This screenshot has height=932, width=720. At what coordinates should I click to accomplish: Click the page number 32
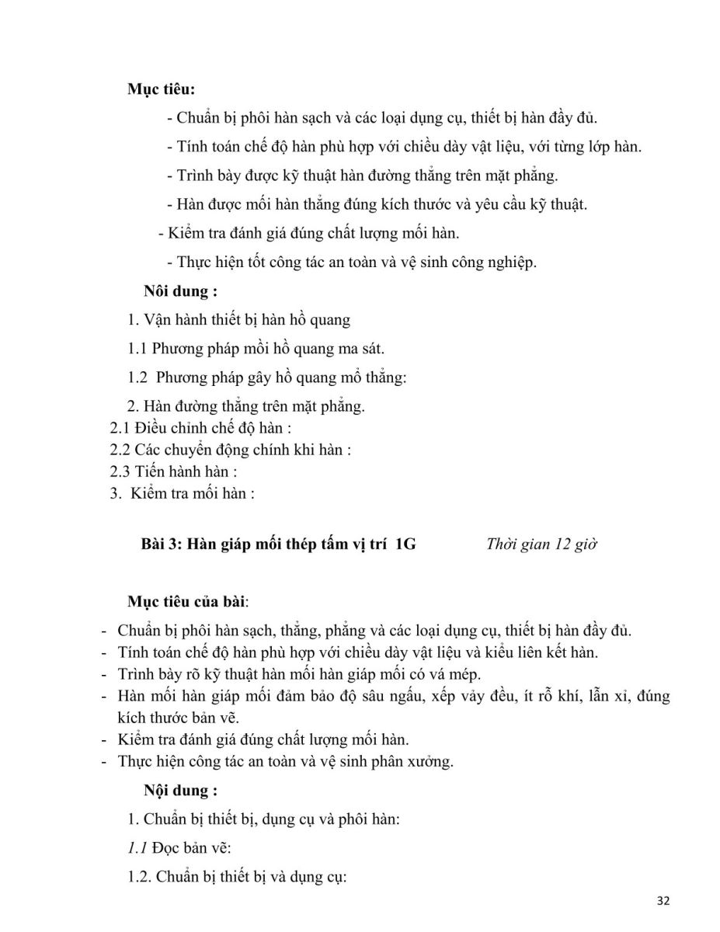click(663, 901)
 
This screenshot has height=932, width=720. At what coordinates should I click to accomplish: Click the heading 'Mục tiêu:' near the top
click(161, 89)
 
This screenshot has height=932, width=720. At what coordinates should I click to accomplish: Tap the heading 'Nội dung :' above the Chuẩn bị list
click(180, 791)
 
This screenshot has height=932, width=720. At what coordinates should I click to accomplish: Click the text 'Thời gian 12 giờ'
click(541, 544)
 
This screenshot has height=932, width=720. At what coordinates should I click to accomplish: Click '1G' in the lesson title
click(405, 544)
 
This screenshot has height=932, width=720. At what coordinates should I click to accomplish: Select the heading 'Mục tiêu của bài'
click(187, 601)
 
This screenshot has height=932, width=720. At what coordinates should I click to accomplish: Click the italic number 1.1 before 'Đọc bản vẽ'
click(137, 848)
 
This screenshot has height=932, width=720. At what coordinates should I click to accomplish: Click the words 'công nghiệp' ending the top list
click(498, 263)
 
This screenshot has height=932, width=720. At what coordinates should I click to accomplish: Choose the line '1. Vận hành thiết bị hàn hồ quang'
click(239, 319)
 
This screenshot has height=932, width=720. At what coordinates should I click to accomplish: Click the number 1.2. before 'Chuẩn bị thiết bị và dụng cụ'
click(140, 878)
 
